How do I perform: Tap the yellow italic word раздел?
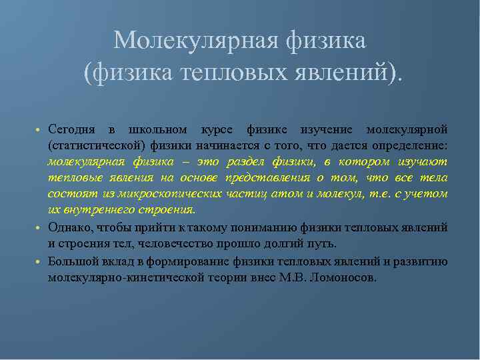245,161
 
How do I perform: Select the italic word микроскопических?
168,193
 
